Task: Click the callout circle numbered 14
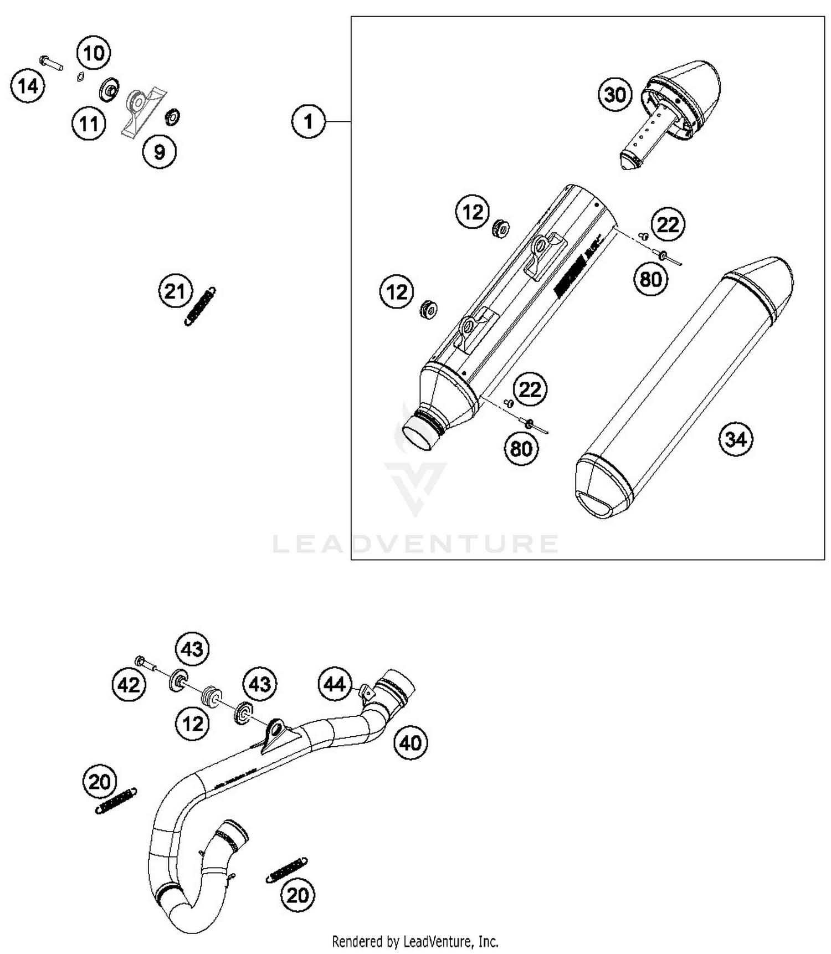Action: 28,86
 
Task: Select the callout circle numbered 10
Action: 94,53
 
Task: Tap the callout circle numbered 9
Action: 159,151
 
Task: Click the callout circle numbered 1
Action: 309,121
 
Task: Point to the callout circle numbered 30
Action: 615,95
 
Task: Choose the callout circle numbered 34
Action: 736,439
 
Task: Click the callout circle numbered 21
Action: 175,291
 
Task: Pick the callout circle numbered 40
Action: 411,743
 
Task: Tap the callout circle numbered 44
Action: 335,684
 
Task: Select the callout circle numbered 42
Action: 129,685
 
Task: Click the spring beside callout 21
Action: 200,306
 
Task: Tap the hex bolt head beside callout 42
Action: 140,660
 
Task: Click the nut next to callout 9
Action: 172,117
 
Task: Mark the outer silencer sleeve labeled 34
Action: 684,388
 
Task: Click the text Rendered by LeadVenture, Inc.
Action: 415,941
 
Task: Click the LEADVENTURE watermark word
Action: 416,544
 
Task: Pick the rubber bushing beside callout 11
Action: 109,90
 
